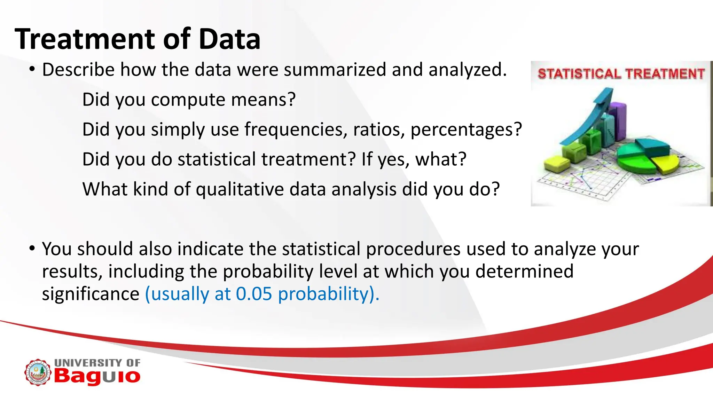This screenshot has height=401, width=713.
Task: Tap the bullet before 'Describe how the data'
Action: point(32,69)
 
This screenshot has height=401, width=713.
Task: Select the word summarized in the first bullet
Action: point(335,70)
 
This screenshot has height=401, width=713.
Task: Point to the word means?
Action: point(263,100)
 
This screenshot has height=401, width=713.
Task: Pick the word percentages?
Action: point(466,129)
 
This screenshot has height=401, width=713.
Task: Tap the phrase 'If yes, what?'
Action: point(414,159)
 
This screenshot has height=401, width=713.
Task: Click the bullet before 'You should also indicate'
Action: point(32,249)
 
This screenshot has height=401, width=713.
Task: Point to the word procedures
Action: point(413,249)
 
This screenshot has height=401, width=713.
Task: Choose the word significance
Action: point(91,294)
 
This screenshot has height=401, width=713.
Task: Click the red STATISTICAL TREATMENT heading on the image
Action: point(621,74)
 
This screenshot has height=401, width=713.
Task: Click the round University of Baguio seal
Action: point(38,372)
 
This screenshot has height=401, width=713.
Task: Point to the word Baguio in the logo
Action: point(97,377)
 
